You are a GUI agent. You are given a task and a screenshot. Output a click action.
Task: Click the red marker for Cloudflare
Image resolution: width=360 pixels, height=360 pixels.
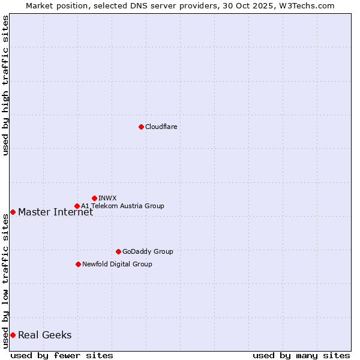141,127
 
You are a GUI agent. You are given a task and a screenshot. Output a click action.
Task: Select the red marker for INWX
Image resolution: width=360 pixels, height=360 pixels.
94,198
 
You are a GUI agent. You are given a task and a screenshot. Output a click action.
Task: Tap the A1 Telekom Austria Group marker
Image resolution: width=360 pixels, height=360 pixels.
77,206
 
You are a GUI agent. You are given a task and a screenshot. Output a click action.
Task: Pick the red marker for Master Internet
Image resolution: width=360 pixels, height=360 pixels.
13,212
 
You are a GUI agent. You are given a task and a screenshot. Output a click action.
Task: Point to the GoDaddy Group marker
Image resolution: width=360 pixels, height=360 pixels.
118,251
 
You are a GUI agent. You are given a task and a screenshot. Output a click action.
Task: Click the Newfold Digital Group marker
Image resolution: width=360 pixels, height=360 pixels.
78,264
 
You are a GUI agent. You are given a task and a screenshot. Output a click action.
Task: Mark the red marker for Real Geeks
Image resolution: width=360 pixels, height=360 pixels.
13,335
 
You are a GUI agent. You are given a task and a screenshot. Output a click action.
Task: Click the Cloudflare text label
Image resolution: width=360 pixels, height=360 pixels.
161,127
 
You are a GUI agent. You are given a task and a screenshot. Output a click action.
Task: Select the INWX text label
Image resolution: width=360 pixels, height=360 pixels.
107,198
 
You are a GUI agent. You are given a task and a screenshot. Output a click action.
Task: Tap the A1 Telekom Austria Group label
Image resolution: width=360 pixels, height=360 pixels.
122,206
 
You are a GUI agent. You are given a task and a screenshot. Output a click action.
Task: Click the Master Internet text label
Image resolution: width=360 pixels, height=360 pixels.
55,212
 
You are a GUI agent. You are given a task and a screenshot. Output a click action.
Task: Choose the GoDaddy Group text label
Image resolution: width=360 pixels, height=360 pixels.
148,251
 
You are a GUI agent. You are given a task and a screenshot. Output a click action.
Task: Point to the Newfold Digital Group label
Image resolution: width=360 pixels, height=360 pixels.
117,264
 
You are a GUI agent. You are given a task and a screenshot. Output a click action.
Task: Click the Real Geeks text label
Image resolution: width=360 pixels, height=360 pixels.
44,335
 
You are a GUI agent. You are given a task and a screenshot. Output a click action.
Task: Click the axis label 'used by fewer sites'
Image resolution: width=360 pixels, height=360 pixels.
62,355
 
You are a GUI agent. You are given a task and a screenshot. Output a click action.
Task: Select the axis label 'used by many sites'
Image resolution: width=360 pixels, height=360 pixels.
301,355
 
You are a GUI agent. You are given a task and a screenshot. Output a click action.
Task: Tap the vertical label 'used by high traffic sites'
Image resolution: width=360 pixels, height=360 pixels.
6,85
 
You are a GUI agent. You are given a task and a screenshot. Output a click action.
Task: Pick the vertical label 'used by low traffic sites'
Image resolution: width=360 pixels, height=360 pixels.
6,281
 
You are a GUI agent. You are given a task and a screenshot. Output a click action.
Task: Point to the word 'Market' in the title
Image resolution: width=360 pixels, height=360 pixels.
40,5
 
